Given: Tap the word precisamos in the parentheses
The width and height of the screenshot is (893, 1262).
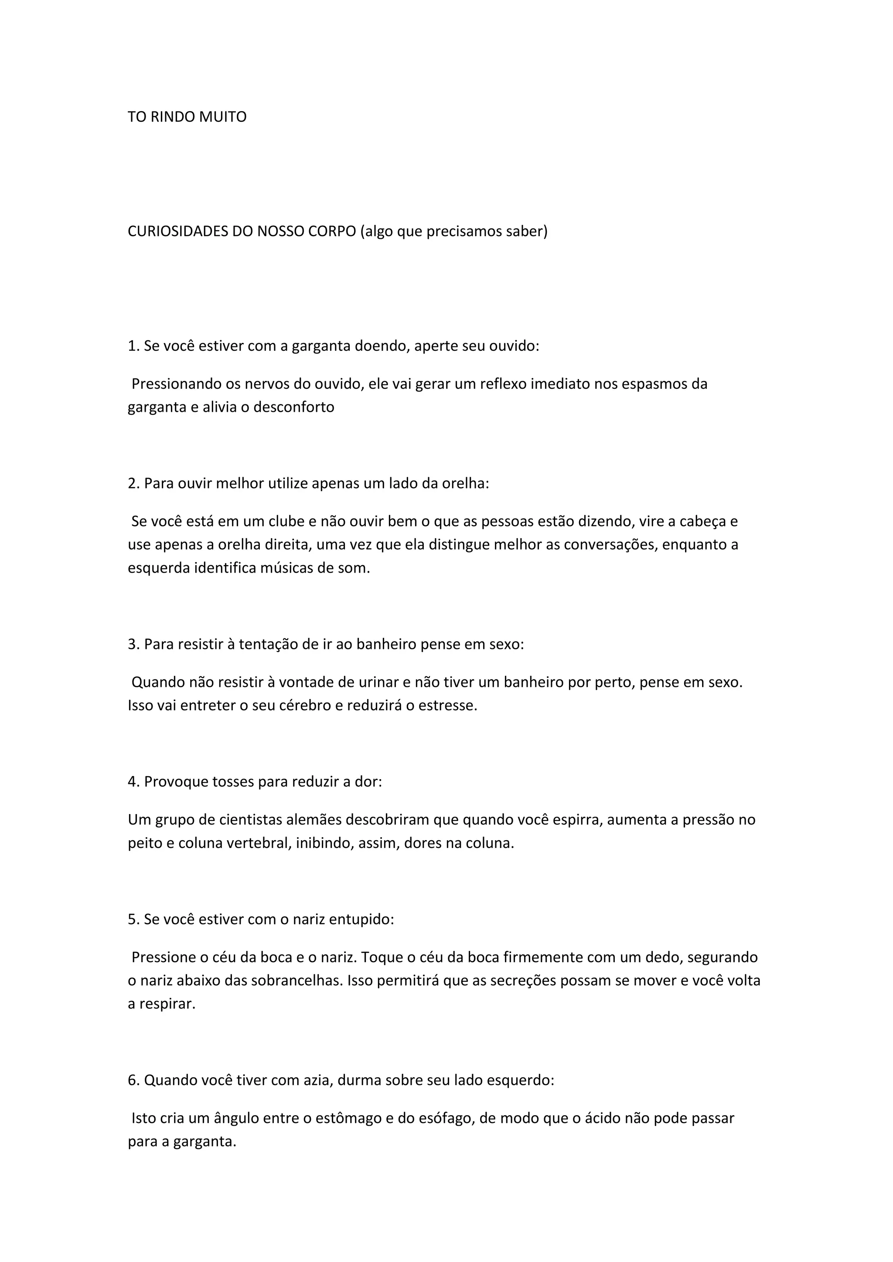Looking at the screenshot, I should coord(460,231).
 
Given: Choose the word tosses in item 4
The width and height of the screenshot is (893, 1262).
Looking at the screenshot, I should coord(232,782).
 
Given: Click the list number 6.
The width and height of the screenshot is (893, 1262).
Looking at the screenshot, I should coord(133,1080).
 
